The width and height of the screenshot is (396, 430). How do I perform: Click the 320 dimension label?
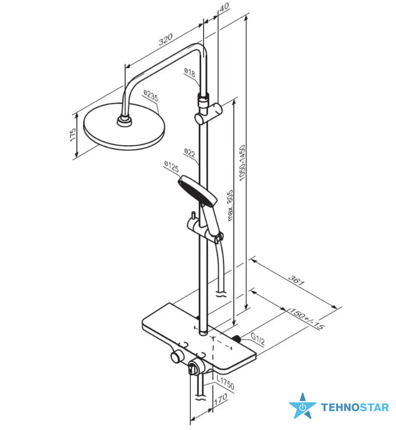click(166, 39)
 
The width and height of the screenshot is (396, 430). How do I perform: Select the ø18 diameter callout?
click(189, 72)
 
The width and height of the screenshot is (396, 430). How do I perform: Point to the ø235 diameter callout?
click(151, 96)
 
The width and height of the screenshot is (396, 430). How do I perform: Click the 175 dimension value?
click(73, 134)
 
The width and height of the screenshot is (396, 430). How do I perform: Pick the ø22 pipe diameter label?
click(190, 153)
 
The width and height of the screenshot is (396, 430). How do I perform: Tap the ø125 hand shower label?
click(171, 166)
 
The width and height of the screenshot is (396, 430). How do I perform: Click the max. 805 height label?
click(230, 205)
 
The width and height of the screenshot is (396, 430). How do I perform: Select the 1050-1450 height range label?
click(242, 163)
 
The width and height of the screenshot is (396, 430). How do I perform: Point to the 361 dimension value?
click(296, 280)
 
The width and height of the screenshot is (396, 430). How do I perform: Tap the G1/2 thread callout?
click(258, 339)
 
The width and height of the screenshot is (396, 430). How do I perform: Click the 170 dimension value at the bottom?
click(221, 400)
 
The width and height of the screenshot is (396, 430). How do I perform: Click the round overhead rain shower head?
click(124, 126)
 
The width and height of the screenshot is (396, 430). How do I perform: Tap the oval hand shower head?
click(197, 191)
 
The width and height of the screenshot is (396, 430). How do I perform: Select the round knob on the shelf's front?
click(177, 358)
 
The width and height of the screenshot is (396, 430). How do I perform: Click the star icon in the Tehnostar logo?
click(302, 407)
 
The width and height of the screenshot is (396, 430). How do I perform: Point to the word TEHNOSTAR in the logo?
click(355, 407)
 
